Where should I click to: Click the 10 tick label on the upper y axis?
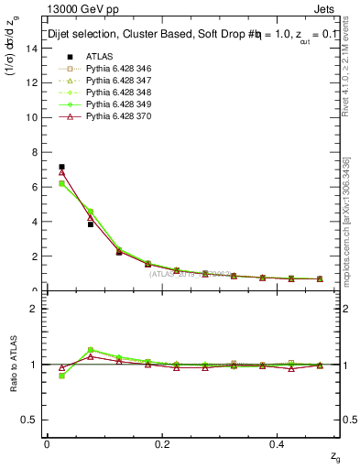33,117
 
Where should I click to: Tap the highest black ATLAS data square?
61,167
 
